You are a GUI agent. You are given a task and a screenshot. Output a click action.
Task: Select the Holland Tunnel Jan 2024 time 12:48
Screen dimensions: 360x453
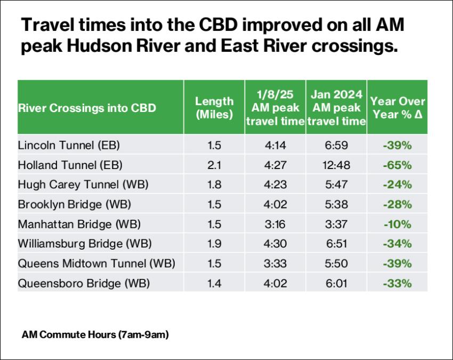click(x=336, y=165)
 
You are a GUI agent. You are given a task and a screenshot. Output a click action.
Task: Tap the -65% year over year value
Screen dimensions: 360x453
click(x=397, y=165)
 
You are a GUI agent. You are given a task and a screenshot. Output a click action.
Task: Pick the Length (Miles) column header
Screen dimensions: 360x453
click(x=214, y=107)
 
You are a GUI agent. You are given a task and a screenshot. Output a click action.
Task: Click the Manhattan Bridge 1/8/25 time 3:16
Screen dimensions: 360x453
click(x=276, y=224)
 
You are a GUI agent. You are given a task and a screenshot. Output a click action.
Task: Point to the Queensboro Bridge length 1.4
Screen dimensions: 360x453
click(x=214, y=283)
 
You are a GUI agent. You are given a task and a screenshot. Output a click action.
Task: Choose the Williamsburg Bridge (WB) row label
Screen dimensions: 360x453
click(x=85, y=244)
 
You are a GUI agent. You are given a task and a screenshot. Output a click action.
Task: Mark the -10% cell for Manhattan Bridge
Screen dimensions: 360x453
click(x=397, y=224)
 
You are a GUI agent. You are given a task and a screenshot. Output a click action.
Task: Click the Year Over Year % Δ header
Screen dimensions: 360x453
click(x=398, y=107)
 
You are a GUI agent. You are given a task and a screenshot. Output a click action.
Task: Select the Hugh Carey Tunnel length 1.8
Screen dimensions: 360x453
click(x=214, y=185)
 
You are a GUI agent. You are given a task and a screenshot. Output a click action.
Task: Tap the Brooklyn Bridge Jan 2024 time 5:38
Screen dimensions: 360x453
click(x=336, y=204)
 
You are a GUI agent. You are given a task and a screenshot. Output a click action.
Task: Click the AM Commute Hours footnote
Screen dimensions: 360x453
click(x=95, y=335)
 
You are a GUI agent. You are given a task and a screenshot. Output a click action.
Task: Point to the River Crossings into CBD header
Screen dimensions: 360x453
click(x=87, y=108)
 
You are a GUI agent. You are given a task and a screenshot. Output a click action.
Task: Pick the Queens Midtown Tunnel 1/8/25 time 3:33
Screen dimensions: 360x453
click(x=276, y=263)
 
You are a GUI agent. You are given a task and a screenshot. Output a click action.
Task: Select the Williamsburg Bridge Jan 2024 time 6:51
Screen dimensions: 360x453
click(x=336, y=244)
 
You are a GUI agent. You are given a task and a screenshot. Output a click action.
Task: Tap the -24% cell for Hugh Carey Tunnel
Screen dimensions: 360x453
click(x=397, y=185)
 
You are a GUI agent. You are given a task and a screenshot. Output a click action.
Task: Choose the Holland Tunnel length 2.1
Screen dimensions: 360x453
click(x=214, y=165)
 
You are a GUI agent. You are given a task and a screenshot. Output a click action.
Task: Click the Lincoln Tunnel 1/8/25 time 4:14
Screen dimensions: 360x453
click(x=276, y=145)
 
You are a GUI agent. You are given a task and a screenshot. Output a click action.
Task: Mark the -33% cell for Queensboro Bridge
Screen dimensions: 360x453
click(x=397, y=283)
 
